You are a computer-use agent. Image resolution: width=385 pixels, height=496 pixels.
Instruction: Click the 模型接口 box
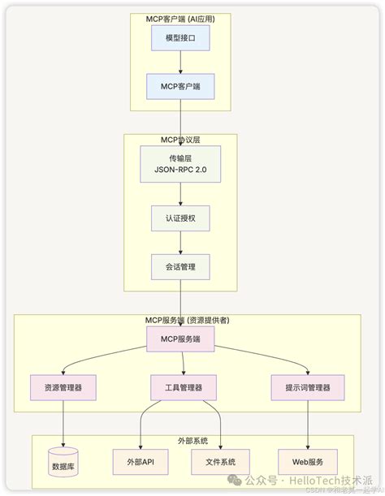point(180,38)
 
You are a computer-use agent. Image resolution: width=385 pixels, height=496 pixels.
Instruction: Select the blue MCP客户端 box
point(180,86)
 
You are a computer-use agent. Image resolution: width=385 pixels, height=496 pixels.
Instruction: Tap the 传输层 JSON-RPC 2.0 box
point(180,164)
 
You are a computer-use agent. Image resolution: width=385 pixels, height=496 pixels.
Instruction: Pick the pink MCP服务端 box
point(180,339)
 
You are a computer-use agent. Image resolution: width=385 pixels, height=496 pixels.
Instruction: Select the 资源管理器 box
point(63,387)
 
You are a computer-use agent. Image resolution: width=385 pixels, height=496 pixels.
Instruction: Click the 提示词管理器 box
point(307,387)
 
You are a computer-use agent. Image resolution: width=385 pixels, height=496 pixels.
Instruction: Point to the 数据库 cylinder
point(64,461)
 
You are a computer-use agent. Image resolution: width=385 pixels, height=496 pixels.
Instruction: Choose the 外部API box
point(140,461)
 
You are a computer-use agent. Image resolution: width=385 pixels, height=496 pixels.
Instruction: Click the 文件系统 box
point(220,461)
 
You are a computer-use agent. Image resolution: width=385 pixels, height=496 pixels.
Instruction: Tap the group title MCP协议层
point(180,140)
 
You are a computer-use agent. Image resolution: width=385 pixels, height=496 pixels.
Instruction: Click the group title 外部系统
point(192,441)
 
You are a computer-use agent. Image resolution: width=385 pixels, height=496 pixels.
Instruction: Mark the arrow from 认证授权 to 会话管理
point(180,242)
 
